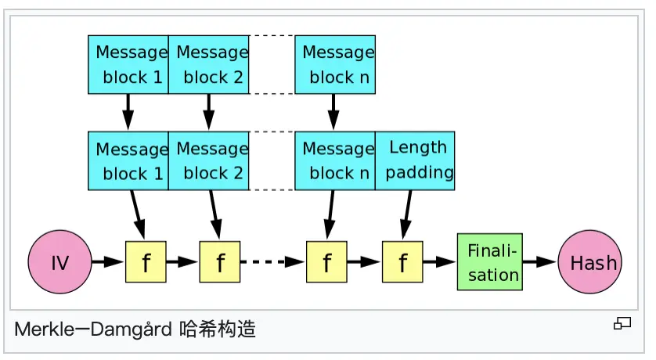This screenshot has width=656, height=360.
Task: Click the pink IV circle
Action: (59, 262)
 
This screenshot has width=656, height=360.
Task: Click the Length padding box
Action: (415, 160)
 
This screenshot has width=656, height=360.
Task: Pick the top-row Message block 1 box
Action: (128, 64)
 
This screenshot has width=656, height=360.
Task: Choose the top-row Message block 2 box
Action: (209, 64)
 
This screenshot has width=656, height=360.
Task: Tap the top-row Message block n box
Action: (334, 64)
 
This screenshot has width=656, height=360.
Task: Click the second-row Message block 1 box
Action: (128, 160)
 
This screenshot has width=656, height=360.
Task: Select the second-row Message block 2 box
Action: (209, 160)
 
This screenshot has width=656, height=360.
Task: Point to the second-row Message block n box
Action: (334, 160)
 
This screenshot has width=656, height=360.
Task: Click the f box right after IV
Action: (146, 262)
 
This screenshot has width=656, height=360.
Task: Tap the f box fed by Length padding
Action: (402, 262)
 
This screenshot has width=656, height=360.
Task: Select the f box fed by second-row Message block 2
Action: (219, 262)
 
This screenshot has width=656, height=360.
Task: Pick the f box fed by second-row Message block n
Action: (326, 262)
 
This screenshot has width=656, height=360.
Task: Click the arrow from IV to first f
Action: (107, 262)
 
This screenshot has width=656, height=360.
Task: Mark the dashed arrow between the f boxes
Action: (272, 262)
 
